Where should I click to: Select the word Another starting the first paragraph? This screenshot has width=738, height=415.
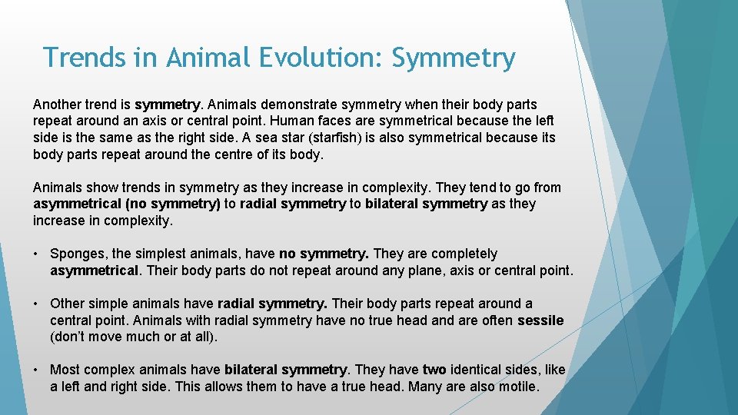[x=57, y=104]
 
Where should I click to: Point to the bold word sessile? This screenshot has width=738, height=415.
[x=540, y=320]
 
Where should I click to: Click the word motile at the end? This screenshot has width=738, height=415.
[x=519, y=387]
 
